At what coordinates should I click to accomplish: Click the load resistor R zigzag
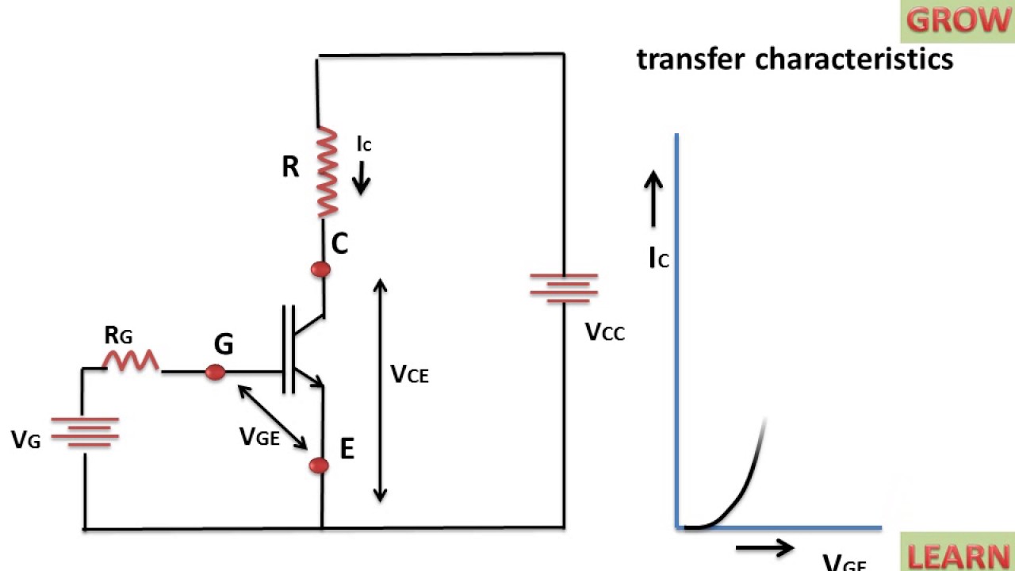coord(327,171)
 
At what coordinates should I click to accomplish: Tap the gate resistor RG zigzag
coord(131,361)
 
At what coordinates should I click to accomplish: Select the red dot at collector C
coord(320,270)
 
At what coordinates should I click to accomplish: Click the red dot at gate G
coord(215,371)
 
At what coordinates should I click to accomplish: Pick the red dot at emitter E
coord(319,466)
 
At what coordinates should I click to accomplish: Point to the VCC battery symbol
coord(564,289)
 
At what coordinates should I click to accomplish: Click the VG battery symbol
coord(84,431)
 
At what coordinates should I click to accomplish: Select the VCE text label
coord(409,374)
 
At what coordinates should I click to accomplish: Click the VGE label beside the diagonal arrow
coord(259,436)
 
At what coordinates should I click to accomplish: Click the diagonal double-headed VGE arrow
coord(273,417)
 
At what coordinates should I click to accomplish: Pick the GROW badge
coord(957,21)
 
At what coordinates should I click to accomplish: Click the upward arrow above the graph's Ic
coord(653,200)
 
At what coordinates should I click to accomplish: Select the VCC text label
coord(605,332)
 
